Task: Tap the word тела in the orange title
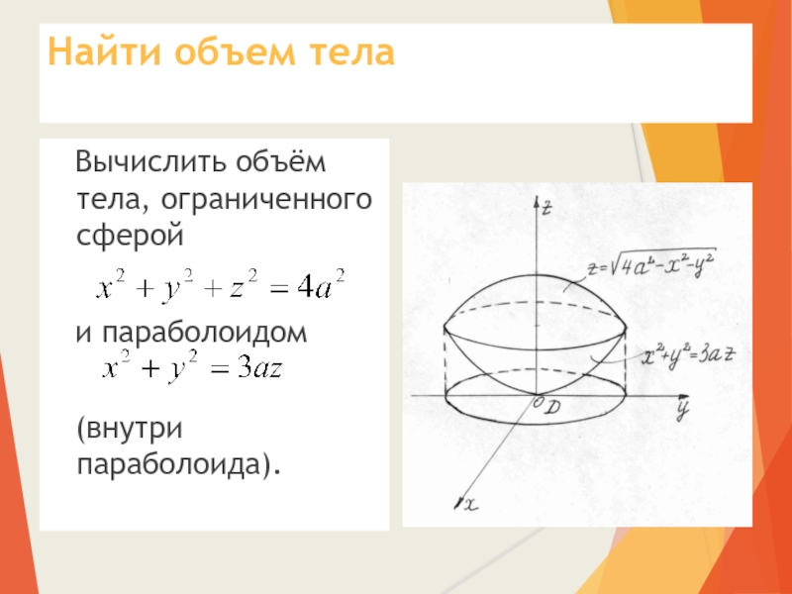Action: (x=351, y=53)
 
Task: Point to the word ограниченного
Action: (x=266, y=200)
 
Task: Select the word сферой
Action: (x=131, y=236)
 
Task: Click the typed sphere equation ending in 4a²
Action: (x=221, y=285)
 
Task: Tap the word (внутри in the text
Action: (x=130, y=430)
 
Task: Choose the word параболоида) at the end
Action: (x=178, y=464)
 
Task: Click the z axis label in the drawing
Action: (x=546, y=208)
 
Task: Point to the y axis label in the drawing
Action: (x=683, y=408)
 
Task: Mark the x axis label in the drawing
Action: (x=471, y=504)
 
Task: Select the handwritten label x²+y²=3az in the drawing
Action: (x=688, y=355)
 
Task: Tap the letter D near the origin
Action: (x=553, y=407)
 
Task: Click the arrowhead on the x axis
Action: (x=458, y=503)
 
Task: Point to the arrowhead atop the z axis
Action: (x=537, y=202)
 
